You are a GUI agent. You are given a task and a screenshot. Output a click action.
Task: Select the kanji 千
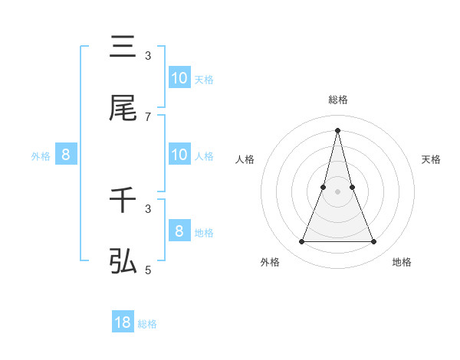[x=123, y=201]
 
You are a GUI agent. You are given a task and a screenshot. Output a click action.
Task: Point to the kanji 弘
[x=123, y=262]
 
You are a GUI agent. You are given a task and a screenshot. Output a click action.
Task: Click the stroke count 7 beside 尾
[x=148, y=116]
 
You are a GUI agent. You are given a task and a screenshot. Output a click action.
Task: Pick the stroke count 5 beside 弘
[x=148, y=270]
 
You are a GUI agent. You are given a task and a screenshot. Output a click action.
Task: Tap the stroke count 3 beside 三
[x=148, y=55]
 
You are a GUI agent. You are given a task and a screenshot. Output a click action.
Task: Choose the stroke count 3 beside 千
[x=148, y=208]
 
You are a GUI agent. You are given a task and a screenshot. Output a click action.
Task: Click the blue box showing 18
[x=123, y=322]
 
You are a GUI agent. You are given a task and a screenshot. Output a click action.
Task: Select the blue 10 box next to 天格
[x=179, y=77]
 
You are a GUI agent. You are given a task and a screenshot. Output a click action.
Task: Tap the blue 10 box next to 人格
[x=179, y=154]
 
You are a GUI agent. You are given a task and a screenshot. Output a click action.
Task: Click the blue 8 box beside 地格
[x=179, y=231]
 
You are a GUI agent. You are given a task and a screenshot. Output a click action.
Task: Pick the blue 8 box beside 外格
[x=66, y=154]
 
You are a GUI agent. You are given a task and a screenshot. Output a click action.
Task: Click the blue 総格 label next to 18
[x=147, y=324]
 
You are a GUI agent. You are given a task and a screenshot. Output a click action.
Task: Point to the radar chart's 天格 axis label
[x=432, y=159]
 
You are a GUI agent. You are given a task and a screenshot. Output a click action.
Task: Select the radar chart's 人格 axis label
[x=245, y=159]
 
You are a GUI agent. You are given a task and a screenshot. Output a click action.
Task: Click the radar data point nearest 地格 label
[x=374, y=242]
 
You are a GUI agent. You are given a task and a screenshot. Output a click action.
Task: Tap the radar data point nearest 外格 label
[x=301, y=242]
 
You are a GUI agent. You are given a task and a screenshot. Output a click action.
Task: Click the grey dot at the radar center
[x=337, y=191]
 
